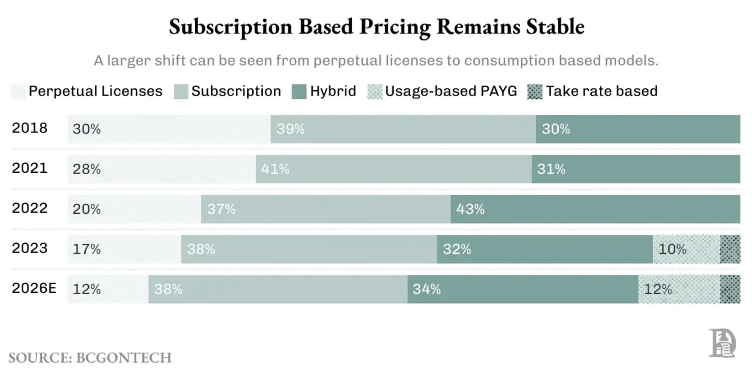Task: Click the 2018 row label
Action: click(x=30, y=128)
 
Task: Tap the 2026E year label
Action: click(x=34, y=288)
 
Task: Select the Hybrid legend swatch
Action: click(x=298, y=91)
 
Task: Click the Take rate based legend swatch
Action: click(x=535, y=91)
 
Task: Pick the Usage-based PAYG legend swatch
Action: click(x=374, y=91)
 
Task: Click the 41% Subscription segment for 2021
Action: click(x=393, y=169)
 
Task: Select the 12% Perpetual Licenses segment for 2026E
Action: click(x=108, y=289)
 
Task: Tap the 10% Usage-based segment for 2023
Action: click(x=686, y=249)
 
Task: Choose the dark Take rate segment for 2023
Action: click(x=730, y=249)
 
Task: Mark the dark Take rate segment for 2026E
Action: click(x=730, y=289)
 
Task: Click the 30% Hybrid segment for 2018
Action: click(x=638, y=129)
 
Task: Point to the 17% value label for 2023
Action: click(x=87, y=249)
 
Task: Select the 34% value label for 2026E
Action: click(x=427, y=289)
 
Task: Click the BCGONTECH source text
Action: click(x=123, y=357)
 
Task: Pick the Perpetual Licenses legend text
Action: click(x=95, y=91)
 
